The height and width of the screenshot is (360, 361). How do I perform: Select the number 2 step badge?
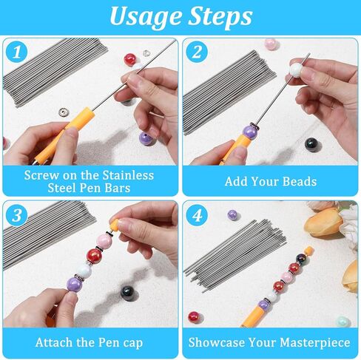click(x=196, y=52)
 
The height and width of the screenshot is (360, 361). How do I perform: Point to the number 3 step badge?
click(x=16, y=215)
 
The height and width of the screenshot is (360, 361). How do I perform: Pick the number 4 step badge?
click(x=197, y=215)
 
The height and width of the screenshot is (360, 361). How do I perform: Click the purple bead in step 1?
click(x=146, y=137)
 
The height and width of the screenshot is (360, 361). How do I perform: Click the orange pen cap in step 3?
click(x=116, y=224)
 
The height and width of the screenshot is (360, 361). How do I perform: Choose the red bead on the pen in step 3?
click(x=93, y=256)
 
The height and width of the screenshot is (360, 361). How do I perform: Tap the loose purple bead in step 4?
click(x=232, y=215)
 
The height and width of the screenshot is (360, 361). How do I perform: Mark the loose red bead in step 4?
click(x=194, y=316)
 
